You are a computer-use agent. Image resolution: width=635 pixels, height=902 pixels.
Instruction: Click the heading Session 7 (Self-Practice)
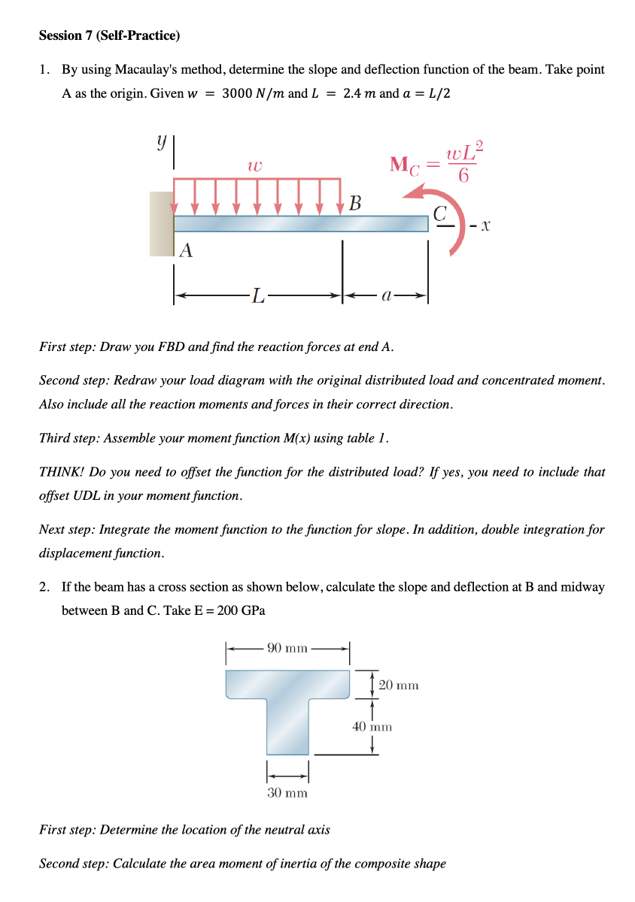click(x=109, y=35)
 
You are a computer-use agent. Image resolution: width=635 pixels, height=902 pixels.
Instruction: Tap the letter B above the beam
click(x=355, y=203)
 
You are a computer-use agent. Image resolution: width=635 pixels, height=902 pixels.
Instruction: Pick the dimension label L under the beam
click(x=257, y=298)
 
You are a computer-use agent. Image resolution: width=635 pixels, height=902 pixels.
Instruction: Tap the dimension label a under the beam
click(x=385, y=298)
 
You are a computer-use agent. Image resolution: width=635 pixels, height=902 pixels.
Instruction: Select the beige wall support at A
click(x=161, y=223)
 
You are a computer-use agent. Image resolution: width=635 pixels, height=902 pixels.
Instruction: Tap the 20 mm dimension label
click(x=398, y=685)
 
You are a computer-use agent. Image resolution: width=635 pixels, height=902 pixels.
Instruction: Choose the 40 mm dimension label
click(x=372, y=727)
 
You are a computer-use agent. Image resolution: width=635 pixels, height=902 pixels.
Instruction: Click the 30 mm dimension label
click(x=287, y=792)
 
